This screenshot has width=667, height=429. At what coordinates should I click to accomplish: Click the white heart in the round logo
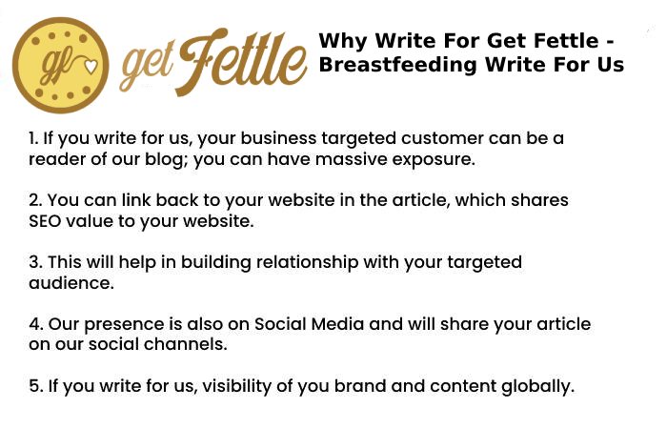click(90, 67)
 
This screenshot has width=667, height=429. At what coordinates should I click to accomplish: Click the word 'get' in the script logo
click(147, 68)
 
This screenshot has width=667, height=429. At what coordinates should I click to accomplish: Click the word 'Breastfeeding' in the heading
click(397, 66)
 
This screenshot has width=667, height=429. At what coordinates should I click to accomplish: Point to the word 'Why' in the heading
click(343, 42)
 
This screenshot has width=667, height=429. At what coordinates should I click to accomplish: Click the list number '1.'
click(33, 138)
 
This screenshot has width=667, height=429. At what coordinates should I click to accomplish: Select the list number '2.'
click(35, 200)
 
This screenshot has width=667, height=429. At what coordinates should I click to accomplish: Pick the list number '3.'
click(35, 262)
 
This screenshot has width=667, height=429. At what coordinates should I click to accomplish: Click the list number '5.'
click(35, 386)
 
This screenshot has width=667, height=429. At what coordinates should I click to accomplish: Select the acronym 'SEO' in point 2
click(45, 221)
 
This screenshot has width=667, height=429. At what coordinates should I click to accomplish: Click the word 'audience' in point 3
click(71, 283)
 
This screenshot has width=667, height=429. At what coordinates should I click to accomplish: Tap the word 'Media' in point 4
click(337, 324)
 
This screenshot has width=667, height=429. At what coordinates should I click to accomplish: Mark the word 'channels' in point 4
click(186, 344)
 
